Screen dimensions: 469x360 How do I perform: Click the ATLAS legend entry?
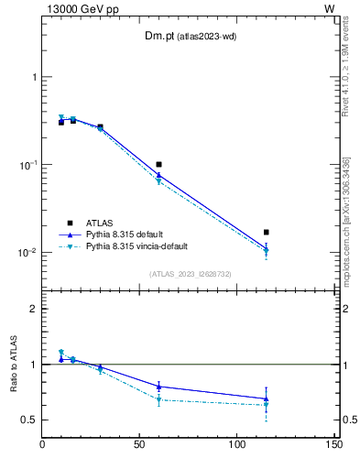coord(100,223)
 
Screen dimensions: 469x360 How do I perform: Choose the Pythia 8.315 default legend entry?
coord(130,234)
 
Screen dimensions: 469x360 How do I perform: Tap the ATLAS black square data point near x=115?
coord(267,233)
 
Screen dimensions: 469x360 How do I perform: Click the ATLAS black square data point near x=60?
coord(159,165)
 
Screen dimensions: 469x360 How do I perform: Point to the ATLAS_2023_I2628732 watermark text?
coord(190,274)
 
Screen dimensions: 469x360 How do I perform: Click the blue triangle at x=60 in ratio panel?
coord(159,387)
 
